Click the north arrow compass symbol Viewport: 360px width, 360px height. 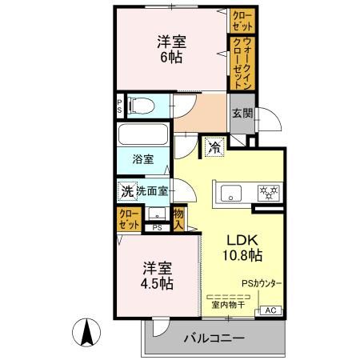(86, 330)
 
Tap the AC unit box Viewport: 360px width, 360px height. (270, 310)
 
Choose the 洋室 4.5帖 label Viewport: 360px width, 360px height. (156, 275)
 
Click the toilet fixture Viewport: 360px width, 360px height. (140, 105)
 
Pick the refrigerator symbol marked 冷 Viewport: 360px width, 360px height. (214, 146)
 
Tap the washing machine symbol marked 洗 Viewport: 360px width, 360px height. (126, 191)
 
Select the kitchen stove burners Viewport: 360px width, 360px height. (266, 192)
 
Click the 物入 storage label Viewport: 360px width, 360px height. (179, 217)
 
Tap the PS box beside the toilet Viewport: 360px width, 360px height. (119, 105)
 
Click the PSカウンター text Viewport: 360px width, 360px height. (262, 283)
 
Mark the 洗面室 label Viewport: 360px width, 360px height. (151, 191)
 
